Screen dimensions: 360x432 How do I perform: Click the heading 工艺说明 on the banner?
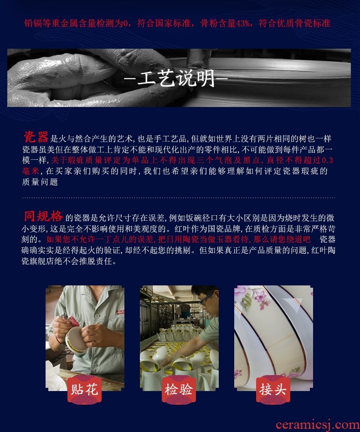pyautogui.click(x=176, y=78)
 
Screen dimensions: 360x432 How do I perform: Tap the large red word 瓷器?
pyautogui.click(x=36, y=137)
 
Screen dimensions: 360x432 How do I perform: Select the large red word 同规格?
pyautogui.click(x=43, y=216)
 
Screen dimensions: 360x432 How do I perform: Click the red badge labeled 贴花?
pyautogui.click(x=84, y=390)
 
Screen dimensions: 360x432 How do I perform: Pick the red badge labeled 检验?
pyautogui.click(x=179, y=390)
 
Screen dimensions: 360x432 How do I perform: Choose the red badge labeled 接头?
pyautogui.click(x=273, y=390)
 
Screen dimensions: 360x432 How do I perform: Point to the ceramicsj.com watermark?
pyautogui.click(x=318, y=425)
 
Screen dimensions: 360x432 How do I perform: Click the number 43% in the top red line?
pyautogui.click(x=243, y=23)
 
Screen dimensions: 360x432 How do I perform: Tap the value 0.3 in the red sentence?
pyautogui.click(x=328, y=160)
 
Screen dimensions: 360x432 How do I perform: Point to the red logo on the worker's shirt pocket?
pyautogui.click(x=120, y=312)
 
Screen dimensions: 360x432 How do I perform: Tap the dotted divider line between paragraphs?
pyautogui.click(x=179, y=198)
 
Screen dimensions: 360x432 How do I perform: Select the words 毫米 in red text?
pyautogui.click(x=31, y=171)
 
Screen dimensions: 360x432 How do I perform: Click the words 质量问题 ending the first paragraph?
pyautogui.click(x=40, y=182)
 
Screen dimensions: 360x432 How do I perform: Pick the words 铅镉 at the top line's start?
pyautogui.click(x=33, y=23)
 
